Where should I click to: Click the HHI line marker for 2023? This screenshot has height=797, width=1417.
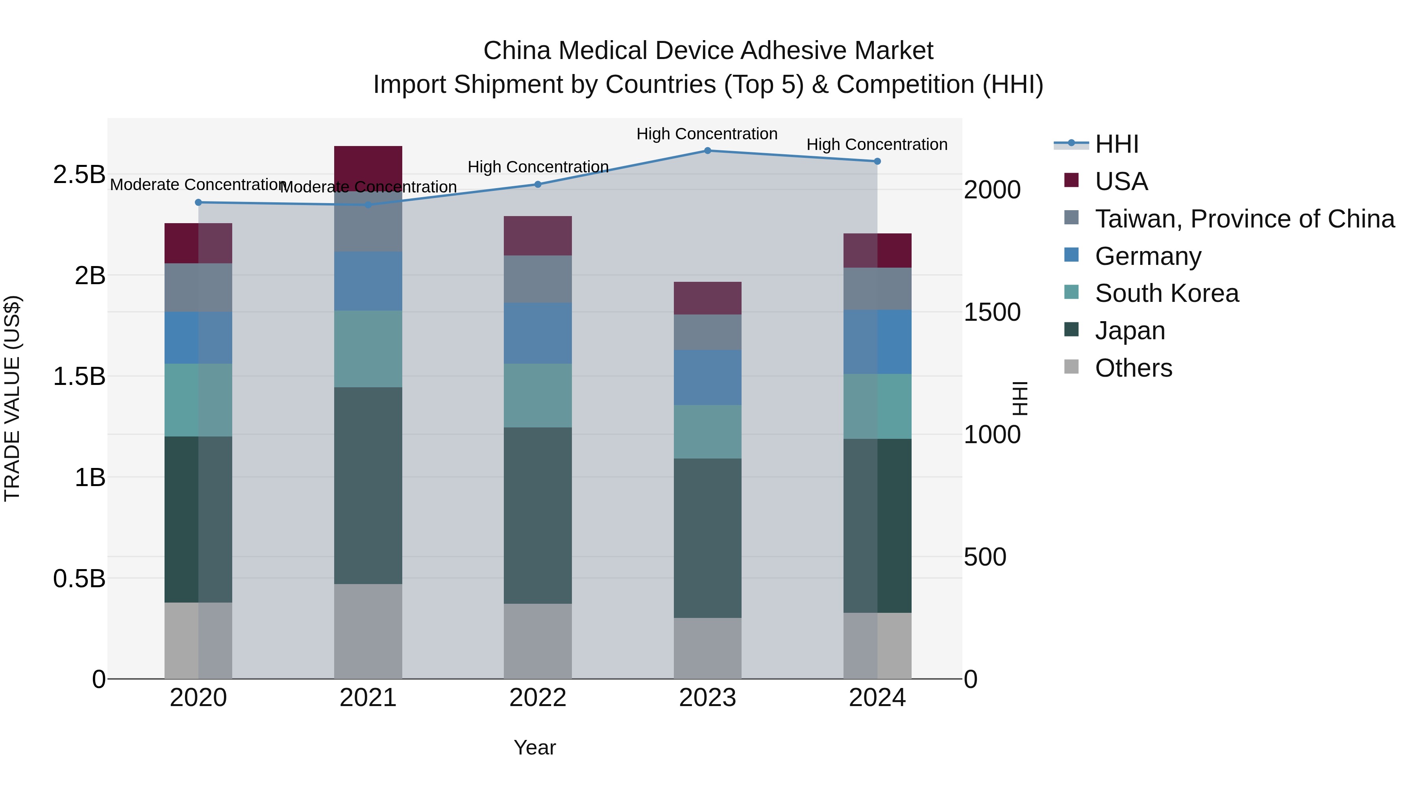pos(707,151)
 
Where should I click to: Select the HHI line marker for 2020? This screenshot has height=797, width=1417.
pos(199,202)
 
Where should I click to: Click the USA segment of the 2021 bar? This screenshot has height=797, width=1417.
pos(368,168)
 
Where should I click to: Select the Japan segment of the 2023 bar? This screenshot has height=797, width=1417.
pos(707,538)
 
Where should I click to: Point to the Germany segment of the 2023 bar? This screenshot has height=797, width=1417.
pos(707,377)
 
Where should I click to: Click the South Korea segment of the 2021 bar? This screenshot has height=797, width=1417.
pos(368,349)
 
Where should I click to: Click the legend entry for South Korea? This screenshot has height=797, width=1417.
pos(1167,293)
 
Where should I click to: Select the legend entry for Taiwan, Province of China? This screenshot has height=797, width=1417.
pos(1244,219)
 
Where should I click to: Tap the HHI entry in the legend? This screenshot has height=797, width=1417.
pos(1116,144)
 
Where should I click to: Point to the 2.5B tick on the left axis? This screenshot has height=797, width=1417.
pos(79,175)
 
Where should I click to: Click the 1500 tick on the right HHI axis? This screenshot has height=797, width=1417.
pos(992,313)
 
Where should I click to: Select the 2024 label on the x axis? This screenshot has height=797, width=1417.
pos(877,698)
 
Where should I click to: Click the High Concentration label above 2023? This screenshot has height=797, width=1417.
pos(707,134)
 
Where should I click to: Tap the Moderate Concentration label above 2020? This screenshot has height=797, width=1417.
pos(196,185)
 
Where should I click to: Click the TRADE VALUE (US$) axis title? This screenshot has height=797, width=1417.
pos(12,398)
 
